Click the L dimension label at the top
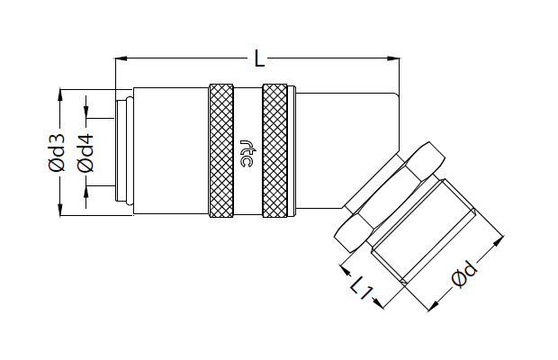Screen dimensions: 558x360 click(259, 58)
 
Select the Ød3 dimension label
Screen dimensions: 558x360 click(57, 153)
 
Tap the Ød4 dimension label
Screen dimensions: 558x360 click(85, 153)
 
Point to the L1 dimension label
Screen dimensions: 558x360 click(362, 287)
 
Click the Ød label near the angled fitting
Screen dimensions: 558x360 click(464, 274)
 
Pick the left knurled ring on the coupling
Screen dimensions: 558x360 click(221, 150)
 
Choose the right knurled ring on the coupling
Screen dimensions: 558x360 click(274, 150)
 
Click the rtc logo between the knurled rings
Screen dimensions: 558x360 click(247, 153)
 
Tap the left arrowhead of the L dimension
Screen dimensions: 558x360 click(121, 58)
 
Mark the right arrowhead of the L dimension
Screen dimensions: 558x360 click(393, 58)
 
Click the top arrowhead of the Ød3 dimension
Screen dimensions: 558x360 click(60, 94)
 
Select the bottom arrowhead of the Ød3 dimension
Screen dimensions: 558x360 click(60, 209)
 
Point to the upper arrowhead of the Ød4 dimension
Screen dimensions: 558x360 click(85, 112)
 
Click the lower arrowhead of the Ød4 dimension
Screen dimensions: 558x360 click(85, 192)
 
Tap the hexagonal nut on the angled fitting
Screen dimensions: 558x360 click(390, 197)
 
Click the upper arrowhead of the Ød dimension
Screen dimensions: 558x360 click(499, 241)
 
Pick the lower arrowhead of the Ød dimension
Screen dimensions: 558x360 click(434, 306)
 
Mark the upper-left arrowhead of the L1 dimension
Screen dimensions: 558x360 click(346, 269)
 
